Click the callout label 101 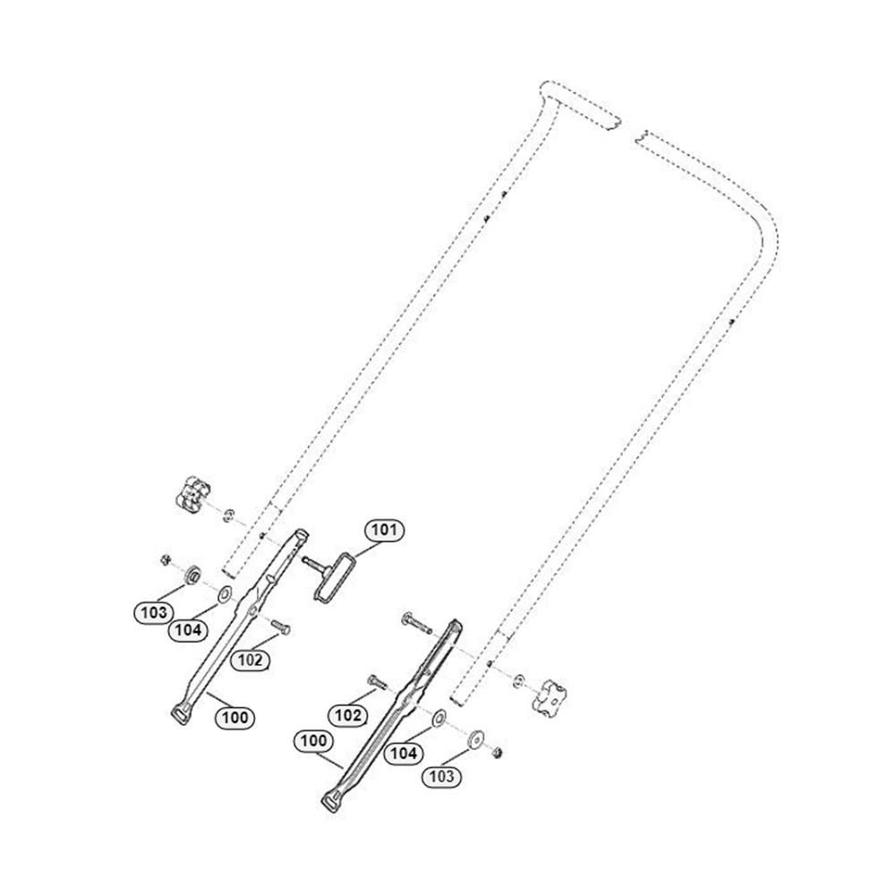click(x=384, y=530)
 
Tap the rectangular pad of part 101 click(x=333, y=575)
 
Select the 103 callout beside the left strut click(x=154, y=613)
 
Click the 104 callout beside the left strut click(x=188, y=630)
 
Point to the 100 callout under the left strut click(x=234, y=718)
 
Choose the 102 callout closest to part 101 click(x=250, y=660)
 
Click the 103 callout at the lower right click(x=442, y=776)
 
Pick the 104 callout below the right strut click(x=404, y=754)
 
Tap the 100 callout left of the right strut click(x=313, y=741)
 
